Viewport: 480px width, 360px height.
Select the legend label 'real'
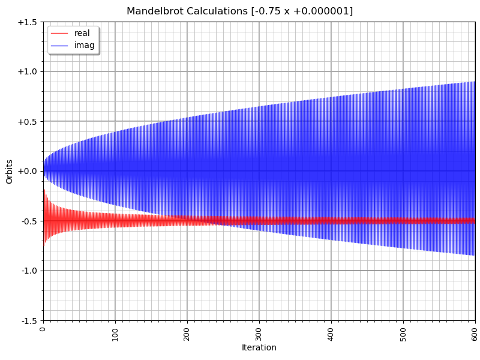click(x=82, y=34)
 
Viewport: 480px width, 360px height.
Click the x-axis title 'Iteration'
click(x=259, y=348)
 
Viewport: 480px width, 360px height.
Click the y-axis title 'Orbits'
click(x=10, y=172)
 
